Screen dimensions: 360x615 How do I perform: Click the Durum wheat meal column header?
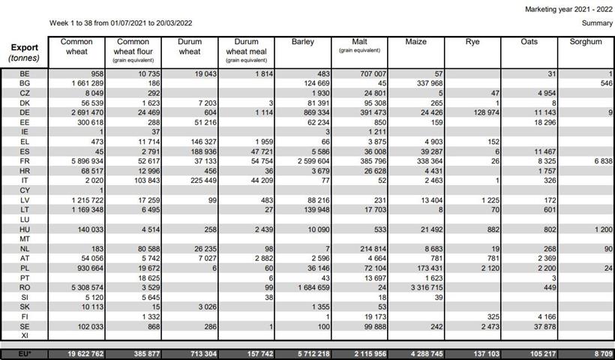click(246, 46)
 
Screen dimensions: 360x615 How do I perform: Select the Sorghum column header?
click(585, 42)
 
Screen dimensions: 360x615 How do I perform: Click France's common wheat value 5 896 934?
click(85, 161)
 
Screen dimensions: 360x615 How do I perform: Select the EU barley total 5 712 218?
click(303, 353)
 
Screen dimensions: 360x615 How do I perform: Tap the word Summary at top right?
click(597, 23)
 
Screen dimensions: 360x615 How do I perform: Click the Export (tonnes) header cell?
click(25, 52)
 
